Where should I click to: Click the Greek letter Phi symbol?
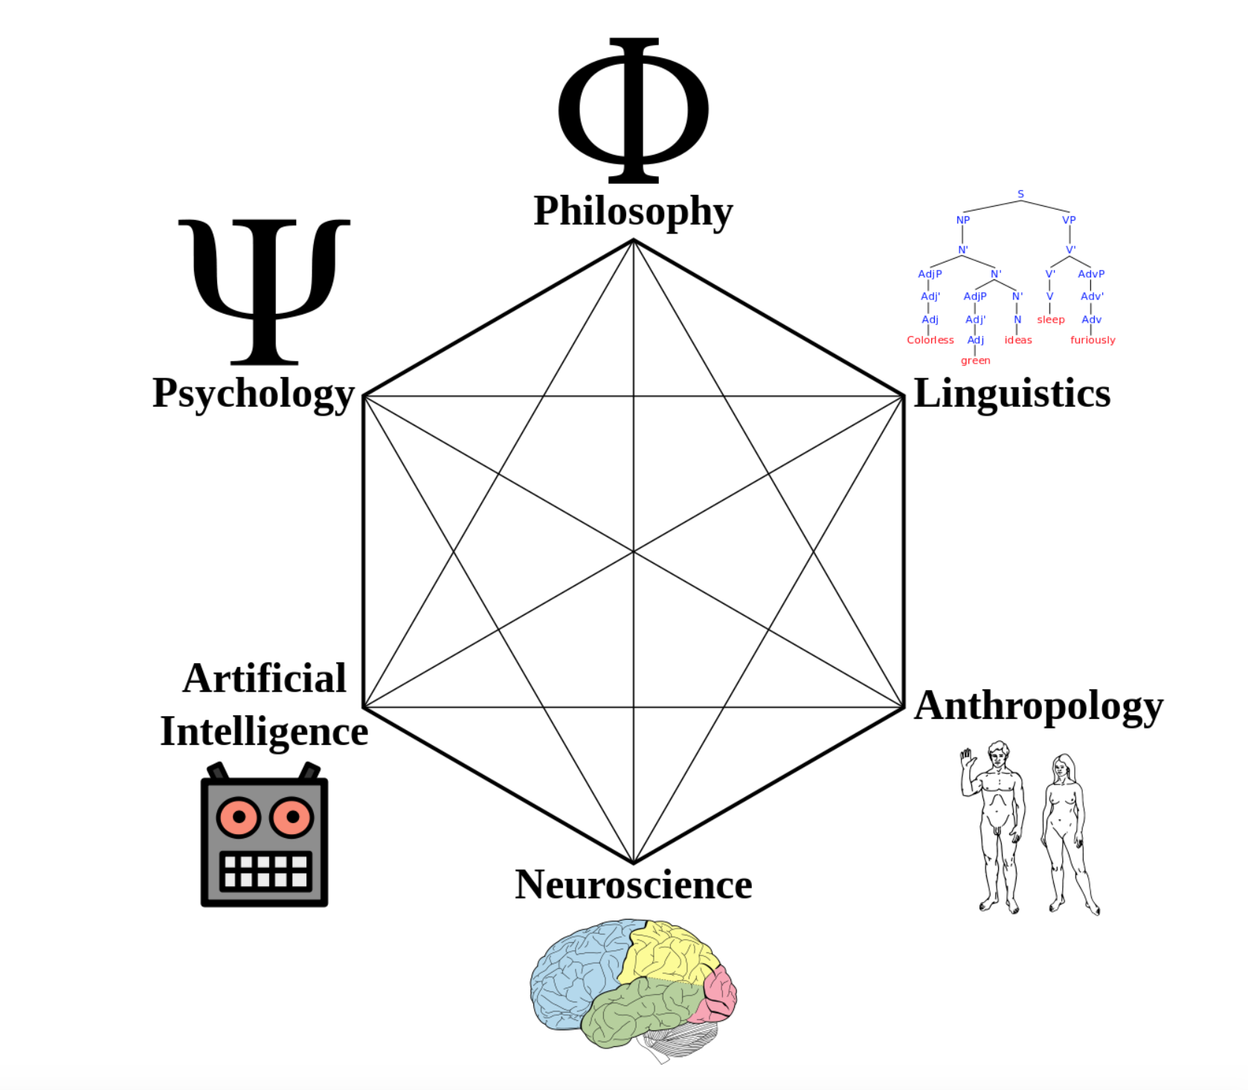tap(634, 109)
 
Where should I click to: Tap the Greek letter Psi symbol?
tap(264, 290)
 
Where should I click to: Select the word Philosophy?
tap(633, 211)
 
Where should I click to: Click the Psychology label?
tap(253, 393)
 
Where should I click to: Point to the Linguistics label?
tap(1011, 393)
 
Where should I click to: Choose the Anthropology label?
tap(1038, 706)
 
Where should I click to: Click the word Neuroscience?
tap(633, 885)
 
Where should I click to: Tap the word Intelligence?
tap(264, 732)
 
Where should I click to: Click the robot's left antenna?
tap(217, 771)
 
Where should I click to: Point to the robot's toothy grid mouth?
tap(265, 871)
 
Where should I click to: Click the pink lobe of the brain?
tap(718, 993)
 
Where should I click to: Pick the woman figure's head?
tap(1064, 768)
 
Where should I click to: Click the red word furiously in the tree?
tap(1092, 340)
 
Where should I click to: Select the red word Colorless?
tap(930, 340)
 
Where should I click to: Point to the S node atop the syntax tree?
tap(1020, 194)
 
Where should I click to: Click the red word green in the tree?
tap(975, 361)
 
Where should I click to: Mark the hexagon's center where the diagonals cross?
tap(634, 552)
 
